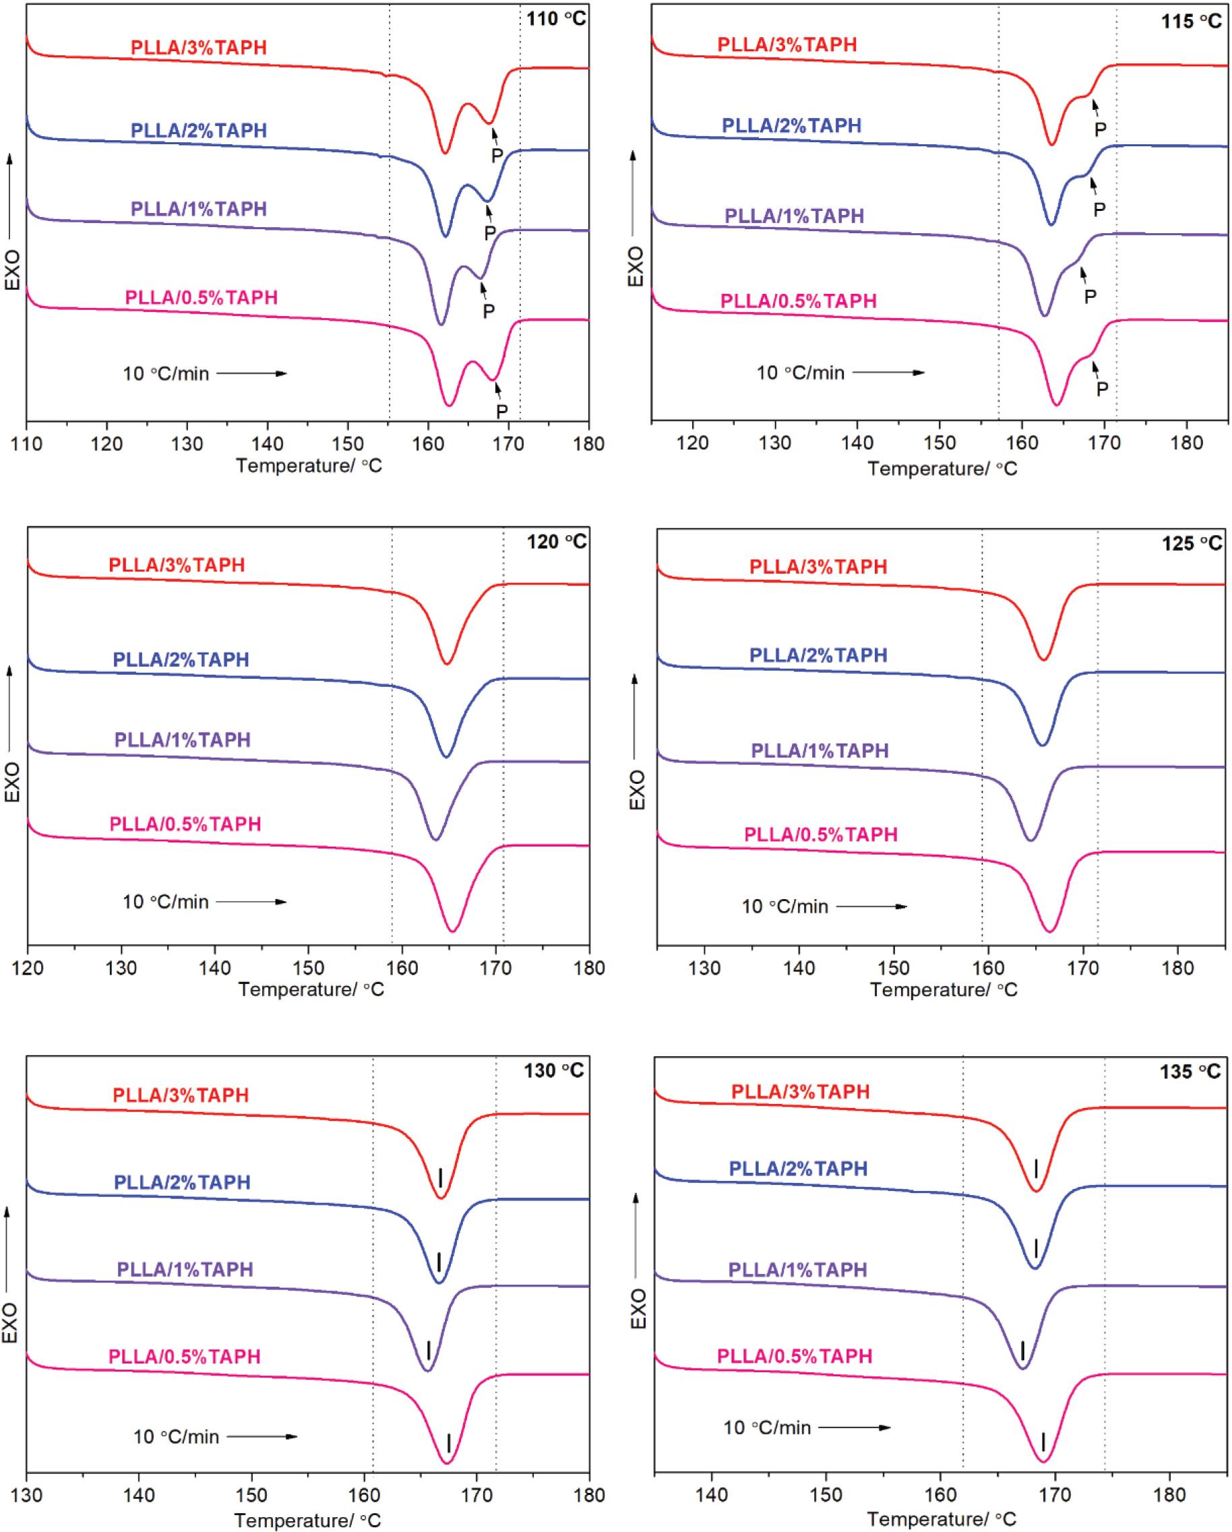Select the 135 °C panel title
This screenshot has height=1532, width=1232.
[1190, 1071]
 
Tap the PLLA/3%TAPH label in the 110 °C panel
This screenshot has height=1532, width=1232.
[199, 48]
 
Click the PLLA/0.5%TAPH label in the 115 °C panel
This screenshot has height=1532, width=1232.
[799, 301]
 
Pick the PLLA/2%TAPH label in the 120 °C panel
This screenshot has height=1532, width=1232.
[181, 659]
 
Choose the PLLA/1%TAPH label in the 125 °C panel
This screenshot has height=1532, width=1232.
[820, 750]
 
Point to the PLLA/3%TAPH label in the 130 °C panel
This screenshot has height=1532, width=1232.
[181, 1095]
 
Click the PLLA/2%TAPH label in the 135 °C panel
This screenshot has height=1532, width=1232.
[799, 1168]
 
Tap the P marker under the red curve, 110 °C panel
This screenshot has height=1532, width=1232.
[497, 155]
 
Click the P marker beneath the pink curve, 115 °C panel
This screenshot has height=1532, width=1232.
[1102, 389]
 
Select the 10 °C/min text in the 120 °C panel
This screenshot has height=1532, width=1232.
[166, 902]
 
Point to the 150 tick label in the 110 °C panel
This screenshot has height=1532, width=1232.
[348, 444]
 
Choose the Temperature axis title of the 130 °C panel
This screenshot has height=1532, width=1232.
[307, 1520]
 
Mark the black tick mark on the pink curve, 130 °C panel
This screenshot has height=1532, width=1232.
[449, 1442]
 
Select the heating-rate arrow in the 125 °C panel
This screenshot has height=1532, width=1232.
[872, 907]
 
